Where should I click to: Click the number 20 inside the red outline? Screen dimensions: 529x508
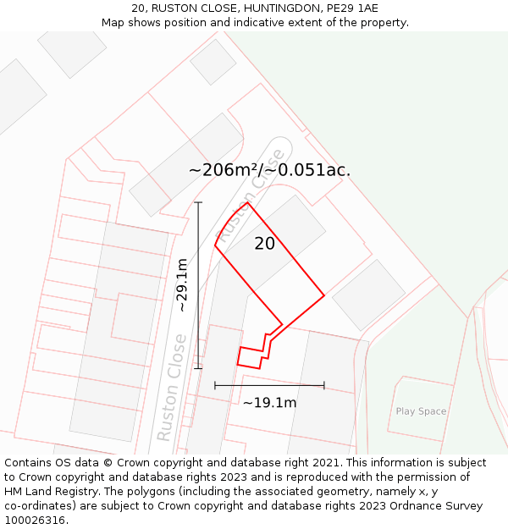[x=265, y=244]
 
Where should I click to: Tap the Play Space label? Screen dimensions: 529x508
[x=421, y=411]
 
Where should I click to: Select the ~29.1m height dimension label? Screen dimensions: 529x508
[x=182, y=285]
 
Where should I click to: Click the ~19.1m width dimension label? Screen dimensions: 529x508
[x=269, y=403]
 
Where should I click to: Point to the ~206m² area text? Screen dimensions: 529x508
[x=223, y=170]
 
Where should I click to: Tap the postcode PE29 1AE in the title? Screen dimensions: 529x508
[x=349, y=8]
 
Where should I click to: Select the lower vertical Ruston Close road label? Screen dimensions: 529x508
[x=171, y=387]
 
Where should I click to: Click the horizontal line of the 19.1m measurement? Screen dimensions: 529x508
[x=269, y=385]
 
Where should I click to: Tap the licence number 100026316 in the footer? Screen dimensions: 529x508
[x=35, y=521]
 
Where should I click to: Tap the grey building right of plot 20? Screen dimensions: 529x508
[x=368, y=295]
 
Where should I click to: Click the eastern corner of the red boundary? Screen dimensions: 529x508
[x=323, y=295]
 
